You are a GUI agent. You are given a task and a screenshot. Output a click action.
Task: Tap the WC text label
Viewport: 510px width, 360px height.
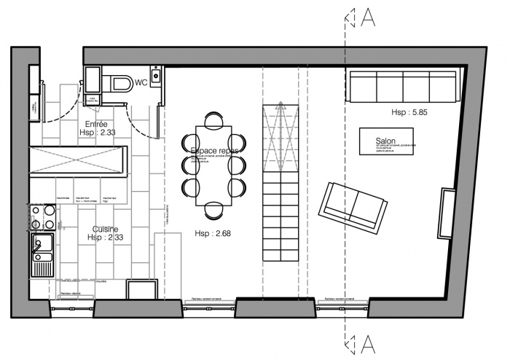[x=141, y=82]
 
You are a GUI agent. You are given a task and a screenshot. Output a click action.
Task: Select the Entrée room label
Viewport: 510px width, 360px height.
[x=97, y=124]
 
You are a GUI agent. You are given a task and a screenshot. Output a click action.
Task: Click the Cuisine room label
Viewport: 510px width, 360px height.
[x=106, y=228]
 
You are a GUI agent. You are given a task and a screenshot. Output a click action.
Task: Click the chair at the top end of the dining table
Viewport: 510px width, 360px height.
[x=213, y=119]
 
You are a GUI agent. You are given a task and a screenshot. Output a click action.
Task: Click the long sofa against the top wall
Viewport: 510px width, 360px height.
[x=403, y=87]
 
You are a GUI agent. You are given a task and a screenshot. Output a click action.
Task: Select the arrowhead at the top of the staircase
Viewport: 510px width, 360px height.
[x=279, y=106]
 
